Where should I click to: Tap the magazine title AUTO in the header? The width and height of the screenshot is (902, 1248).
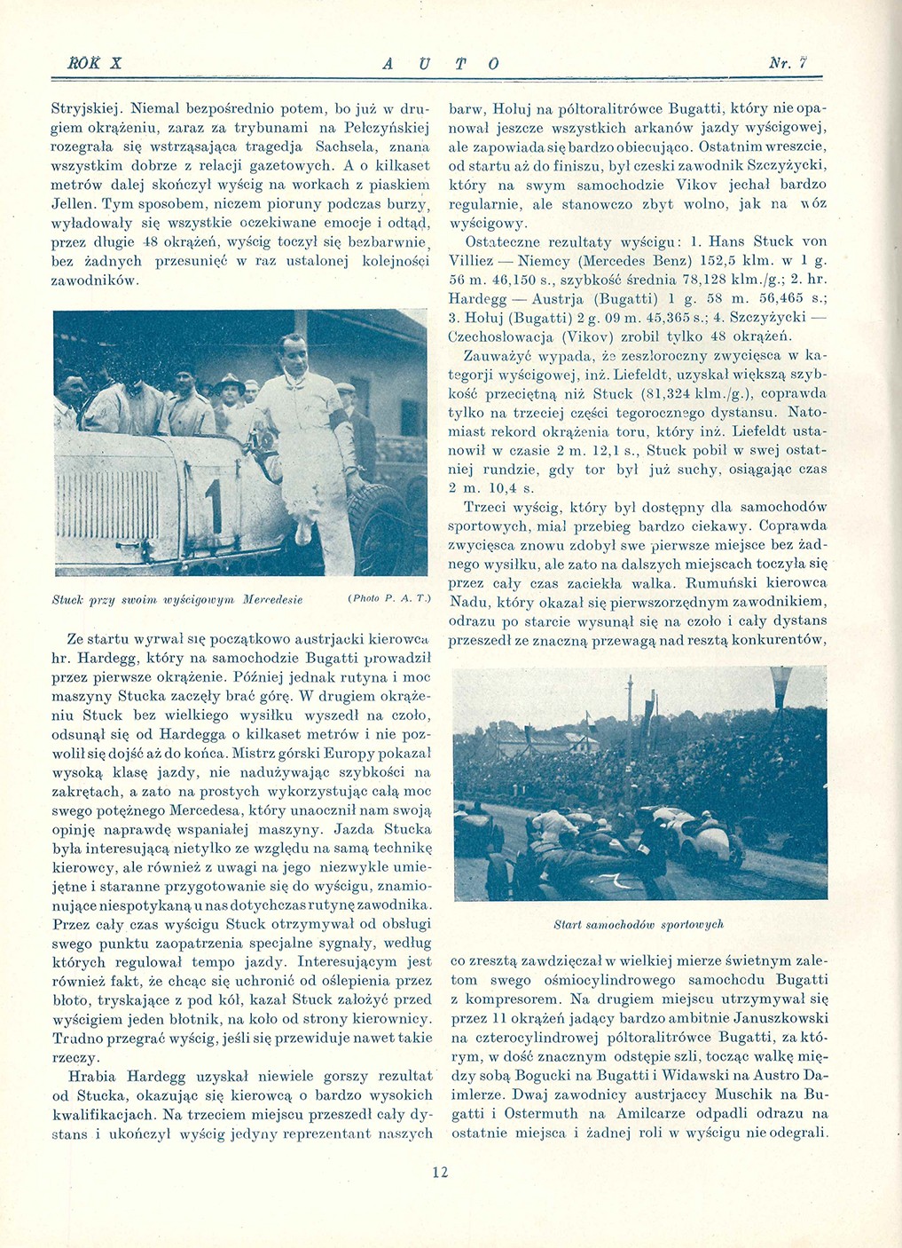click(x=441, y=64)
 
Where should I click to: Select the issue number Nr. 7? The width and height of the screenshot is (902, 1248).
click(x=787, y=63)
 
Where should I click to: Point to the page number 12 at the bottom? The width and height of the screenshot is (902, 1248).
click(x=440, y=1172)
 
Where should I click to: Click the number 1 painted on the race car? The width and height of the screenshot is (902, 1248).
click(x=213, y=507)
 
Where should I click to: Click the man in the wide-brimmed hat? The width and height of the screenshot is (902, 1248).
click(x=230, y=391)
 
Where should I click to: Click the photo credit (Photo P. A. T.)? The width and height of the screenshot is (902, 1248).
click(x=388, y=599)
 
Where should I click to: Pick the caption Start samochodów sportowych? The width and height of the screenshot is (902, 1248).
click(x=639, y=924)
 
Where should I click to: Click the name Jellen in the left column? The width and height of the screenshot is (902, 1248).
click(x=75, y=203)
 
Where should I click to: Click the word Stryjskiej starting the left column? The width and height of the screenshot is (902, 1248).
click(x=86, y=109)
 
